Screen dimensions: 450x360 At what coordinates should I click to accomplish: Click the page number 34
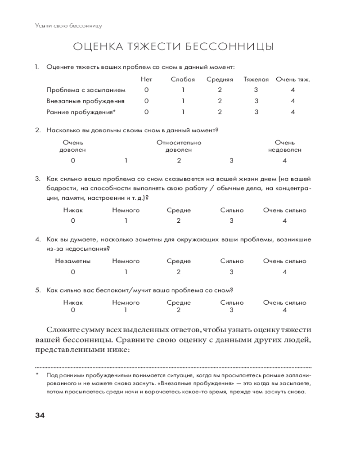(40, 415)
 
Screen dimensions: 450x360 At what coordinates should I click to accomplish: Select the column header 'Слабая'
(183, 80)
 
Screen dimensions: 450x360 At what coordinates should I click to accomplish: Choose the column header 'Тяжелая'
(256, 80)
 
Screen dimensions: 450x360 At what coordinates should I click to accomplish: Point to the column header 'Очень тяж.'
(293, 80)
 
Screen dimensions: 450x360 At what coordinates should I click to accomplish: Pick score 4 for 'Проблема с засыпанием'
(293, 90)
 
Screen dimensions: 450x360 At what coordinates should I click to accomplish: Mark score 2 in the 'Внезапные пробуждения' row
(220, 101)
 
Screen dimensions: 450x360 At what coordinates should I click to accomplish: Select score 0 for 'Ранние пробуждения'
(146, 112)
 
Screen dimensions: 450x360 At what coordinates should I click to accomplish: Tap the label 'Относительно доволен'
(179, 146)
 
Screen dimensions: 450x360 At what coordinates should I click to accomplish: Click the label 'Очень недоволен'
(284, 146)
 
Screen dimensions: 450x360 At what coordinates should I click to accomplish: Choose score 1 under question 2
(126, 161)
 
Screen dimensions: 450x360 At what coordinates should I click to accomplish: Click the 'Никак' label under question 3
(73, 210)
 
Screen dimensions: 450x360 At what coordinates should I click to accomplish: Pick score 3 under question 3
(232, 220)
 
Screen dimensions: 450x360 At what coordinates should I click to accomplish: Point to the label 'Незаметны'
(73, 261)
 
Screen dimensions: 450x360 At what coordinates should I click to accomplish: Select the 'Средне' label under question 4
(179, 261)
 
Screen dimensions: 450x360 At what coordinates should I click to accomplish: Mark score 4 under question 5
(284, 310)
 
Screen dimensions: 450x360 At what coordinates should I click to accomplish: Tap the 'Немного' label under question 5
(126, 303)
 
